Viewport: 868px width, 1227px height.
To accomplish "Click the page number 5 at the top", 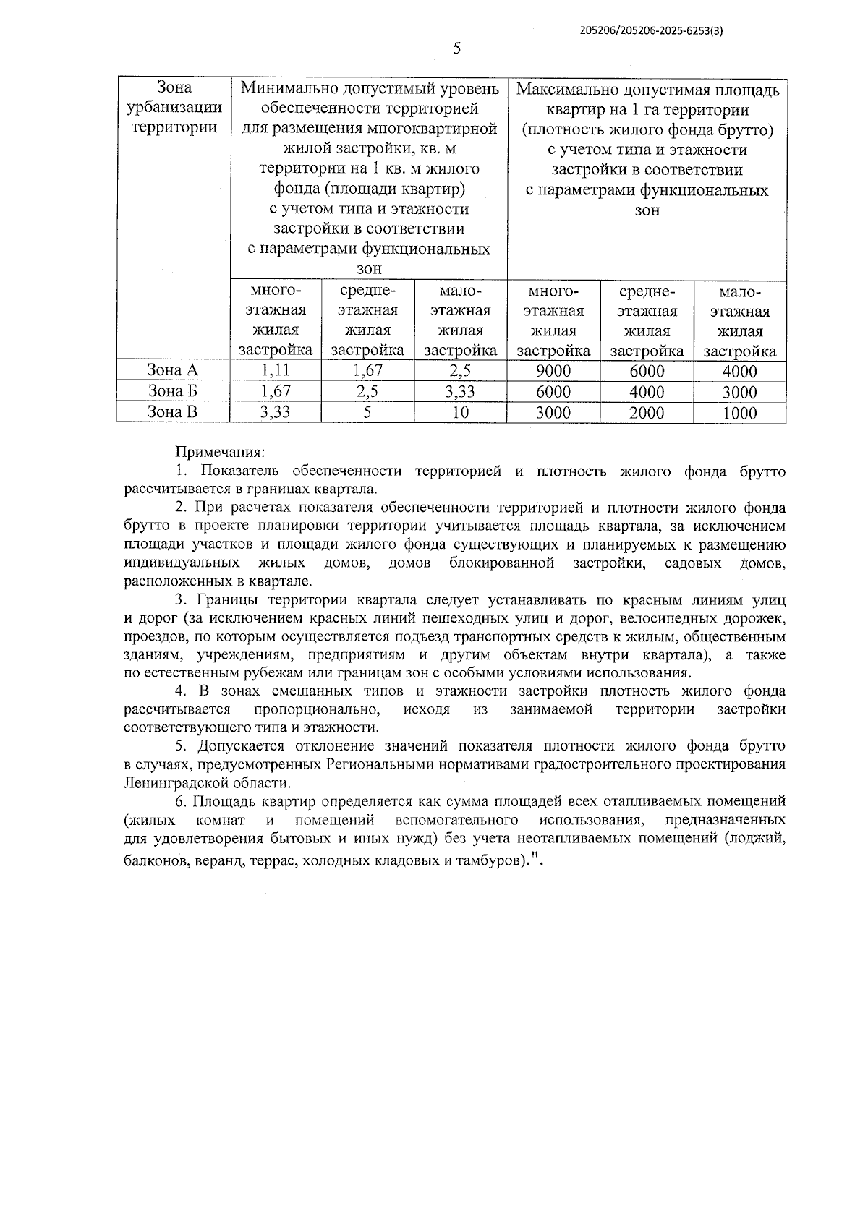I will [456, 48].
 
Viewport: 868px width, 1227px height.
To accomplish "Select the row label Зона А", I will [172, 371].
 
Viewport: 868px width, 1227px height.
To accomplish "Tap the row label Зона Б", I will [172, 392].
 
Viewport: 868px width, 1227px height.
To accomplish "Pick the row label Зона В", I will [172, 412].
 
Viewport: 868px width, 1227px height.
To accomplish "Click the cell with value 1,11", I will [275, 371].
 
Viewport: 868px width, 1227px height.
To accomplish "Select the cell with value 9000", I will [553, 372].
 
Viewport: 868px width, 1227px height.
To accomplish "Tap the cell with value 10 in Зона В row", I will [460, 413].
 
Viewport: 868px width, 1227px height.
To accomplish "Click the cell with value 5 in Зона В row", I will [367, 413].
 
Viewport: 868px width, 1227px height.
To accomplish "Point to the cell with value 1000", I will [739, 414].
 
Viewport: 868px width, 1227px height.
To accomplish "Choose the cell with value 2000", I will [647, 414].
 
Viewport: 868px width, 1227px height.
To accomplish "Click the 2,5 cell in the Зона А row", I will [460, 372].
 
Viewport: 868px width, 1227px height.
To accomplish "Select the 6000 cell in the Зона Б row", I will [553, 393].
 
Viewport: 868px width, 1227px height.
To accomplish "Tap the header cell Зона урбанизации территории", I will [172, 108].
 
